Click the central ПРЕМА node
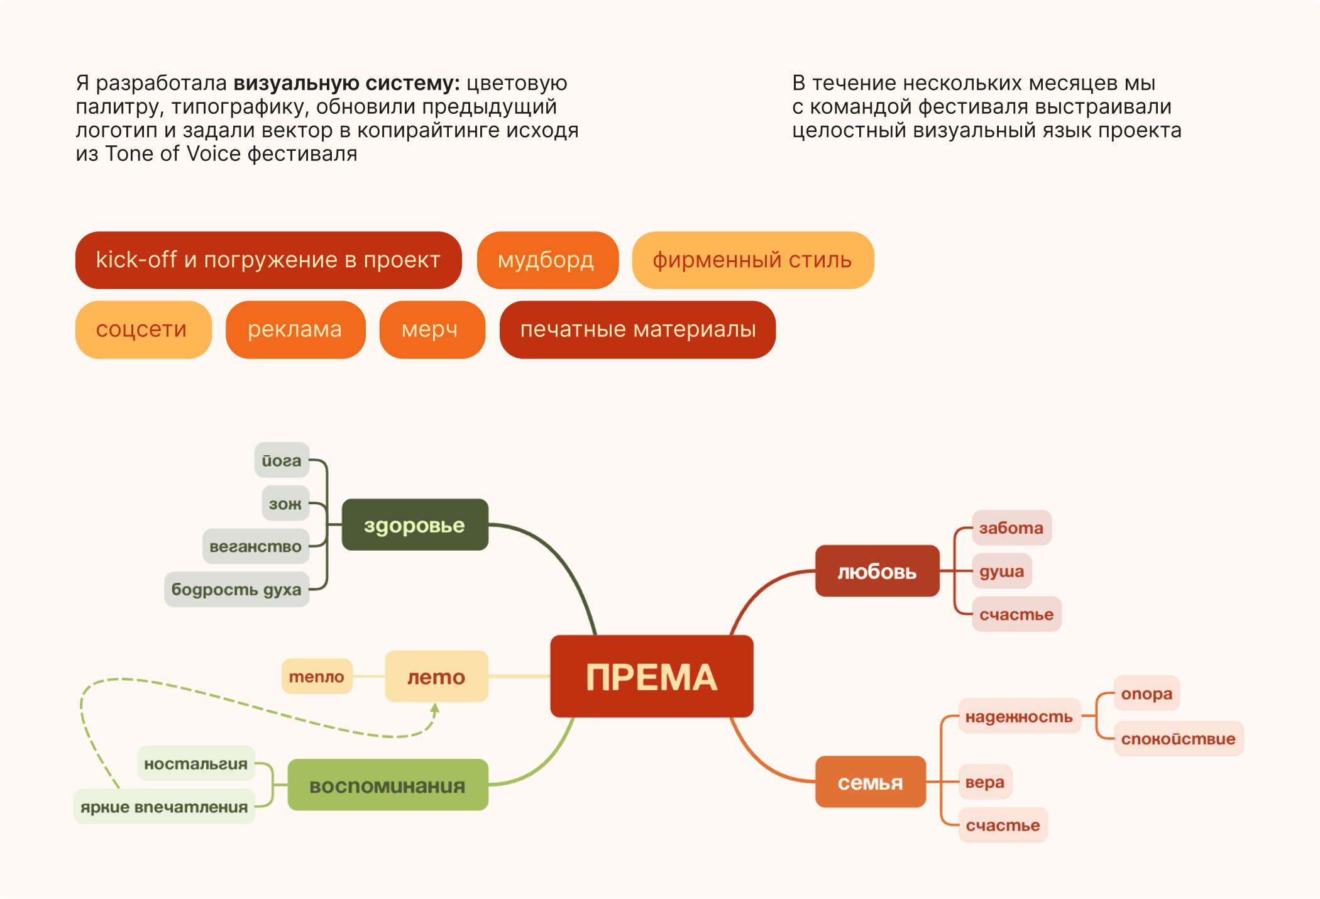[x=652, y=676]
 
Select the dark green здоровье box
[x=415, y=525]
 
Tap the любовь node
[x=877, y=571]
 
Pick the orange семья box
[x=870, y=782]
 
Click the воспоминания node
[x=387, y=785]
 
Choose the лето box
[x=436, y=676]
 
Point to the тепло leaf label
[x=317, y=676]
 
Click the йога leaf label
[x=282, y=460]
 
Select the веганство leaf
[x=255, y=546]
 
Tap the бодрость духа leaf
[x=236, y=589]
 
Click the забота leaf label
[x=1011, y=527]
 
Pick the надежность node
[x=1019, y=716]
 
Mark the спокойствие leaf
[x=1178, y=739]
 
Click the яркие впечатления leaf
[x=164, y=807]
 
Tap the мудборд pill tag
[x=547, y=260]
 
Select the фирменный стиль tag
[x=752, y=260]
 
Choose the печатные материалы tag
[x=637, y=329]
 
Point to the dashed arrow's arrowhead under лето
[x=435, y=708]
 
